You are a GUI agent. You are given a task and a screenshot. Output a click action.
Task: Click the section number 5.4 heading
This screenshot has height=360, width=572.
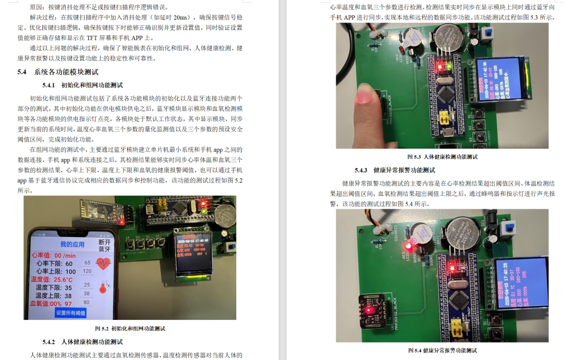point(22,72)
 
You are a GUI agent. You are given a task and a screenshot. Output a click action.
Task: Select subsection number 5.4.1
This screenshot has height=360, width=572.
point(49,85)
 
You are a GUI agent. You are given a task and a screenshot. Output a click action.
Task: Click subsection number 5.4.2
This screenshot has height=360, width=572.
point(49,342)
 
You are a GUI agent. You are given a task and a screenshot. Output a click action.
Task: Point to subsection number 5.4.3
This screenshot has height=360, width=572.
point(361,170)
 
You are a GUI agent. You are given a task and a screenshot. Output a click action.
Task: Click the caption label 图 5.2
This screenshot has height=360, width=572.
point(102,329)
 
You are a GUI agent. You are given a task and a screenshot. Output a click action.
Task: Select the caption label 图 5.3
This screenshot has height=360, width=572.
point(414,157)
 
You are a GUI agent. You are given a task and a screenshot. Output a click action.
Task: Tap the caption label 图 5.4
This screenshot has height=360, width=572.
point(414,351)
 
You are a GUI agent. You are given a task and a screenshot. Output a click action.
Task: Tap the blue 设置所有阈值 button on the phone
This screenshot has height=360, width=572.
point(70,313)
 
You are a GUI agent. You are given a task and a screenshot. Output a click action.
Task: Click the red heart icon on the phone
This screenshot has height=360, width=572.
point(104,263)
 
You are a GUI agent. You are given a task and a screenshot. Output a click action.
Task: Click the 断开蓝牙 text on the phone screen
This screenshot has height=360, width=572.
point(104,246)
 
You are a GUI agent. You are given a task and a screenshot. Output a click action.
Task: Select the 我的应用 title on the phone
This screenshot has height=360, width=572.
point(72,244)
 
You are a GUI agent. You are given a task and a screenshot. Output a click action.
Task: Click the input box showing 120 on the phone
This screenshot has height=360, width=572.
point(87,271)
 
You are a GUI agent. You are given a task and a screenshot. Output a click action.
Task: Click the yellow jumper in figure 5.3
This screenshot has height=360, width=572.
point(445,118)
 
